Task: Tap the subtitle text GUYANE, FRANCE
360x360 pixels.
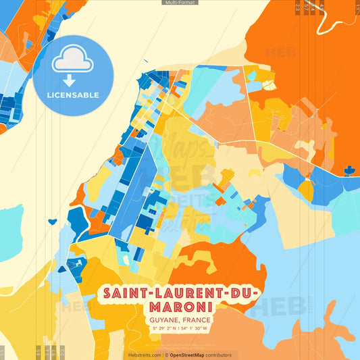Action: click(180, 319)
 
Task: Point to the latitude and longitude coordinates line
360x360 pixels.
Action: click(180, 328)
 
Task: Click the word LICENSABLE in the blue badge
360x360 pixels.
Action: click(72, 95)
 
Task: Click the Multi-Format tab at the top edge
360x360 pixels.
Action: click(180, 3)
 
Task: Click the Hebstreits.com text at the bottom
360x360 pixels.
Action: click(143, 355)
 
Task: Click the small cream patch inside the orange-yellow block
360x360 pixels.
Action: click(269, 84)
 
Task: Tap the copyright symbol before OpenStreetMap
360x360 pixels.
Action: click(166, 355)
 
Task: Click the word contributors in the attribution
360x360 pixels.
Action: click(217, 355)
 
